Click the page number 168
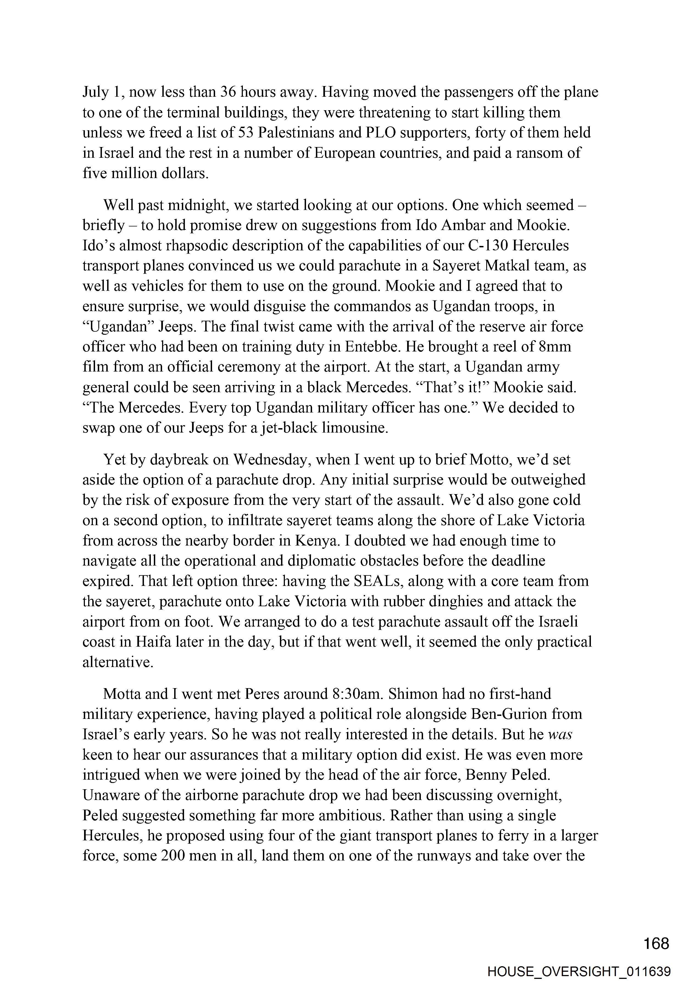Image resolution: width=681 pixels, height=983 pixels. tap(656, 943)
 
